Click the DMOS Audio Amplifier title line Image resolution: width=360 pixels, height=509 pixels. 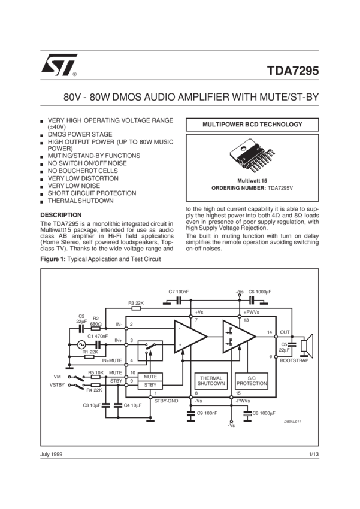(x=180, y=96)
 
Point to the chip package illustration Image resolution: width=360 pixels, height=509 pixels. (x=251, y=157)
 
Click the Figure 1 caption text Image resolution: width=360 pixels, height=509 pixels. (x=100, y=260)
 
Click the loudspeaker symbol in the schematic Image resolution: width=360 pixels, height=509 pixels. (x=307, y=348)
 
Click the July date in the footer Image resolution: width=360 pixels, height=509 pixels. (x=52, y=455)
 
